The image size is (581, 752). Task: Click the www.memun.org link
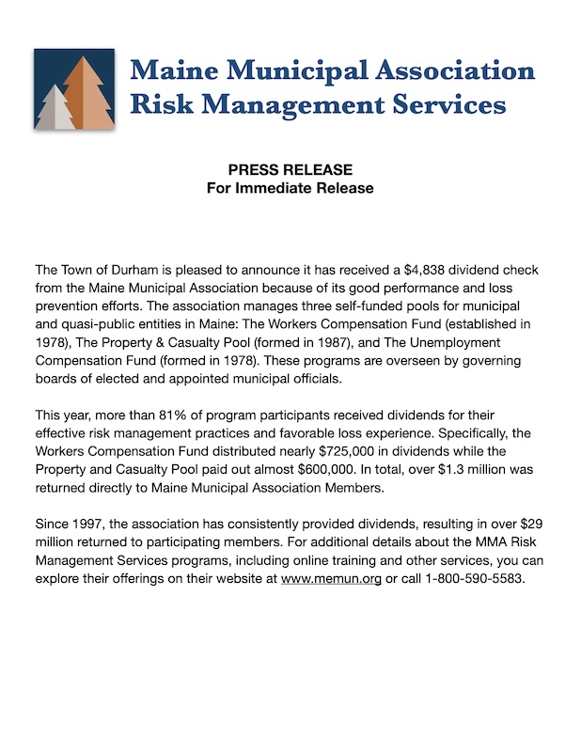tap(331, 579)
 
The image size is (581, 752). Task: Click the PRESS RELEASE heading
tap(290, 170)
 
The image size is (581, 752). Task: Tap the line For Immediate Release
tap(290, 188)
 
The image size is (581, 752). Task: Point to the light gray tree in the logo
tap(58, 109)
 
